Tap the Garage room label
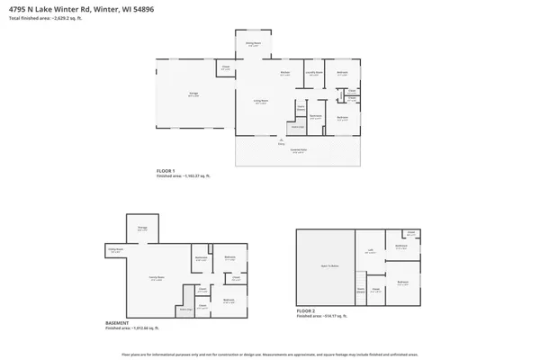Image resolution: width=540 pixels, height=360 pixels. pyautogui.click(x=193, y=93)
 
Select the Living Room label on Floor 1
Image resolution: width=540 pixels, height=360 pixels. pyautogui.click(x=260, y=102)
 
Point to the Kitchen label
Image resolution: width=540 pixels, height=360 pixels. pyautogui.click(x=285, y=73)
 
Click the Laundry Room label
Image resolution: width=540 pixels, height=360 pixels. pyautogui.click(x=313, y=73)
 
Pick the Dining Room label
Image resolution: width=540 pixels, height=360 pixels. pyautogui.click(x=254, y=43)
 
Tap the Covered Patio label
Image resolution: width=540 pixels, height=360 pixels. pyautogui.click(x=297, y=152)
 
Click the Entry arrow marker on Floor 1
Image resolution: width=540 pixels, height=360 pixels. pyautogui.click(x=282, y=141)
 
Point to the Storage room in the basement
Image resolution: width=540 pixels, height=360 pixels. pyautogui.click(x=142, y=229)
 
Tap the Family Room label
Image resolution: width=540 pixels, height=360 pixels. pyautogui.click(x=155, y=279)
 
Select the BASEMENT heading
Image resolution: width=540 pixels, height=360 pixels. pyautogui.click(x=117, y=321)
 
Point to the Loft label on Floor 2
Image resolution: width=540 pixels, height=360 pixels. pyautogui.click(x=370, y=251)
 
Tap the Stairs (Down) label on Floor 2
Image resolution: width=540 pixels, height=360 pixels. pyautogui.click(x=360, y=291)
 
